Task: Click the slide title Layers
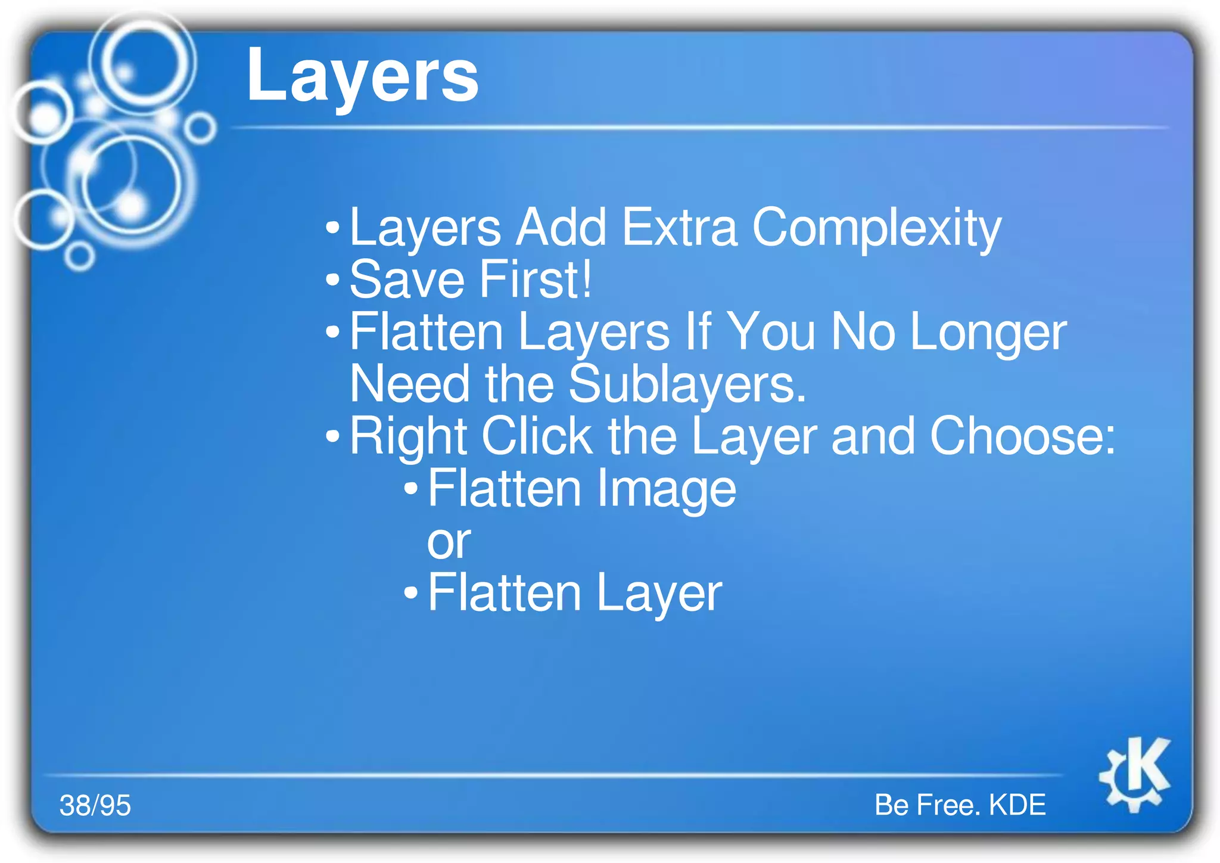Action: coord(362,76)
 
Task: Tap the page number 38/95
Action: coord(95,806)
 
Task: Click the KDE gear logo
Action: coord(1135,775)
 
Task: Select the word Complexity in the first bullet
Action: coord(876,229)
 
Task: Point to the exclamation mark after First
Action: coord(587,279)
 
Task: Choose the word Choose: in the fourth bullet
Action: coord(1022,436)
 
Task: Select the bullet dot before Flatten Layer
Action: coord(411,593)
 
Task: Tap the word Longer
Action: coord(988,333)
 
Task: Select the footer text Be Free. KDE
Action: coord(960,805)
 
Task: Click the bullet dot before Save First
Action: coord(332,280)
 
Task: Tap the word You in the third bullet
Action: coord(771,332)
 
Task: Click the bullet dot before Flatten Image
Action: coord(411,489)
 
